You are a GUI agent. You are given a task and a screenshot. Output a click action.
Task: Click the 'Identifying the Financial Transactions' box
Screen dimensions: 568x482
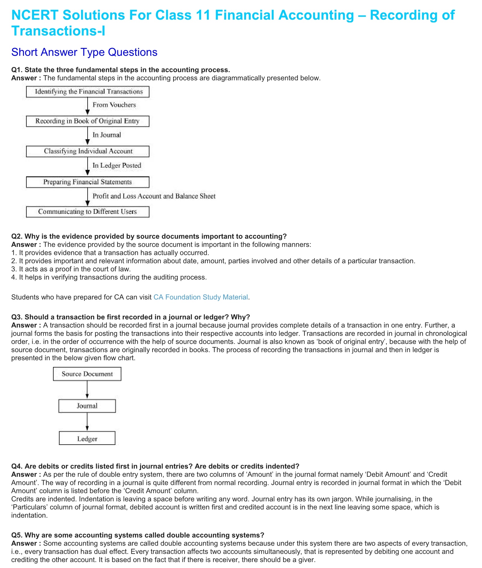(88, 92)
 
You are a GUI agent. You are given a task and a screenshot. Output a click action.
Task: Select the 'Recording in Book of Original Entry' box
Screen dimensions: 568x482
(88, 121)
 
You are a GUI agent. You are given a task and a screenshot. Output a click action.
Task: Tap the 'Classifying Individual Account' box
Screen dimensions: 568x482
(88, 151)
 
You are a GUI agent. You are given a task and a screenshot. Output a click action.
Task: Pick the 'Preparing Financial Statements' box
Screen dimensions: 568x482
(88, 182)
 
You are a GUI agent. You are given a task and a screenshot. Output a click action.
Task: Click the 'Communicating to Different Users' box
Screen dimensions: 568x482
(88, 212)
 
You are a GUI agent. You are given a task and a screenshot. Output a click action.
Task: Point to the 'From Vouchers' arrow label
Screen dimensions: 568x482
(114, 105)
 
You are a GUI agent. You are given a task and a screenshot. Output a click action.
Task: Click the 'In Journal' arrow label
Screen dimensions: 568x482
(107, 135)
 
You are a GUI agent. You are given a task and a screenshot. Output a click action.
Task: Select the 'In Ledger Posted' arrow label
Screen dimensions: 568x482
(117, 165)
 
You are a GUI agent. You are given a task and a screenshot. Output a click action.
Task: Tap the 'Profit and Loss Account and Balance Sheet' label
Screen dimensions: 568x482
(154, 196)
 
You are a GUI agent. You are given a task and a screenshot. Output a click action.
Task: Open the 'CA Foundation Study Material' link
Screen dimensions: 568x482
(201, 297)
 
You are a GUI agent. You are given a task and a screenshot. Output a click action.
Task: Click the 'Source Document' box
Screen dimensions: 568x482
(87, 374)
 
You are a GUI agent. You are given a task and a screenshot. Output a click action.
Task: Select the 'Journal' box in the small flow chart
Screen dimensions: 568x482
(87, 406)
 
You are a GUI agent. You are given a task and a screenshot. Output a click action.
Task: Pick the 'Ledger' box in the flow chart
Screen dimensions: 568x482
(87, 439)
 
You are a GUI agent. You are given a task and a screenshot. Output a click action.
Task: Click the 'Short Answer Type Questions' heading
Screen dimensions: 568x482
(84, 52)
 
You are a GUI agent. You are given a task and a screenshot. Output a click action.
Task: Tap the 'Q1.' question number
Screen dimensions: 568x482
(17, 70)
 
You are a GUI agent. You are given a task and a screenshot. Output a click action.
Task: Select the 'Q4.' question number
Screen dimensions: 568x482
(17, 466)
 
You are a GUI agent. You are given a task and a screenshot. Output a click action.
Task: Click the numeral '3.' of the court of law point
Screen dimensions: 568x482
(14, 269)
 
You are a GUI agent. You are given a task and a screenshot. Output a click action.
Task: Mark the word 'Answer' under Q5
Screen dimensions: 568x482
(24, 543)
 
